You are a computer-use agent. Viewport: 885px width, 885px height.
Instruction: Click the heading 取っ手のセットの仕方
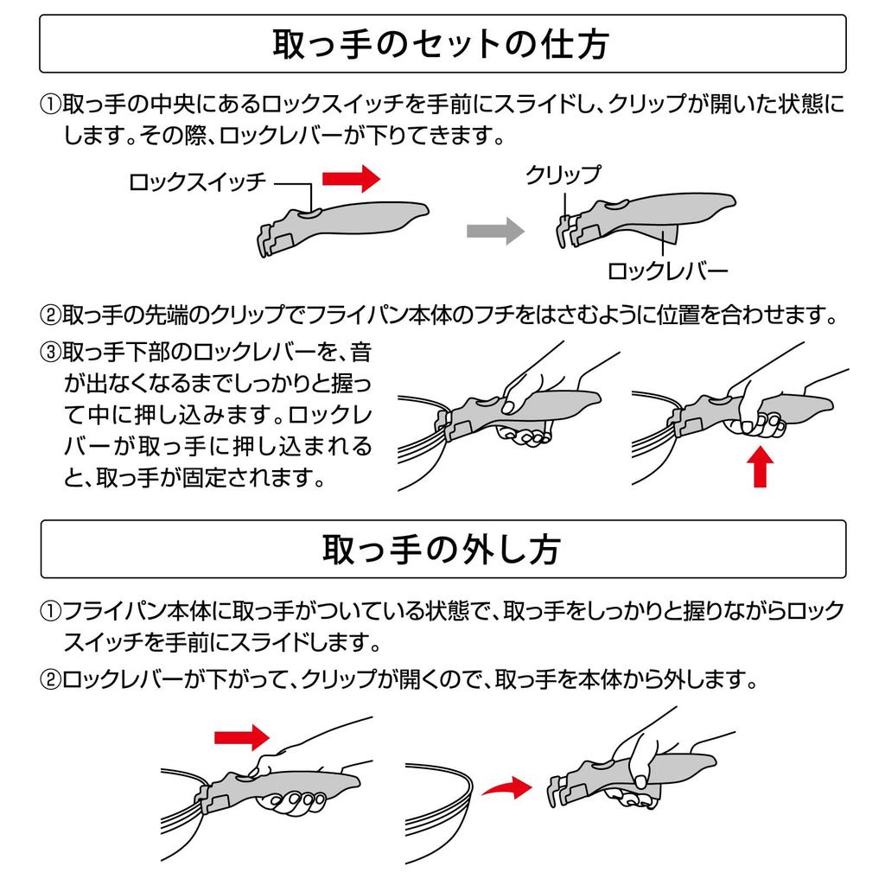pos(441,45)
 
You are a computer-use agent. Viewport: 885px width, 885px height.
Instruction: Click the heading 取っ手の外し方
pos(442,549)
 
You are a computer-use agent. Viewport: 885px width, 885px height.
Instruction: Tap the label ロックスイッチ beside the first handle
pos(197,182)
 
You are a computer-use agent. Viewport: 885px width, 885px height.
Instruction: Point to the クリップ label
pos(563,175)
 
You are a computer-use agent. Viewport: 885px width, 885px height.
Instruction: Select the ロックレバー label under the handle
pos(667,271)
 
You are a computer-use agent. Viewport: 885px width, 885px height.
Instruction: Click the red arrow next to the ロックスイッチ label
pos(351,179)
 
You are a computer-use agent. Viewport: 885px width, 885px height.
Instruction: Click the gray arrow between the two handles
pos(495,231)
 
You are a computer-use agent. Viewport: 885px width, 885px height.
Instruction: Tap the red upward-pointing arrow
pos(760,466)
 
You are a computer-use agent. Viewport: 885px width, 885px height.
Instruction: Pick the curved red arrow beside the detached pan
pos(506,788)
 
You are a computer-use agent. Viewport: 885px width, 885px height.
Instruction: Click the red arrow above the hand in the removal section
pos(242,737)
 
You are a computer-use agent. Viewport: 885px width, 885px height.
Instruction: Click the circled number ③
pos(50,353)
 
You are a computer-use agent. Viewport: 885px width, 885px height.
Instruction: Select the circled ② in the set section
pos(50,315)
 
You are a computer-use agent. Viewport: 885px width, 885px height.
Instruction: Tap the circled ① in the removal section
pos(50,611)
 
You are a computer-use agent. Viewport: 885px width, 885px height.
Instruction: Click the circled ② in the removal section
pos(50,679)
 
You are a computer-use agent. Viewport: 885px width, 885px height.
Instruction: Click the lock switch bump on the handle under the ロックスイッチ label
pos(310,213)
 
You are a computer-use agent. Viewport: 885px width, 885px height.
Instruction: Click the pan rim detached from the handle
pos(439,812)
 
